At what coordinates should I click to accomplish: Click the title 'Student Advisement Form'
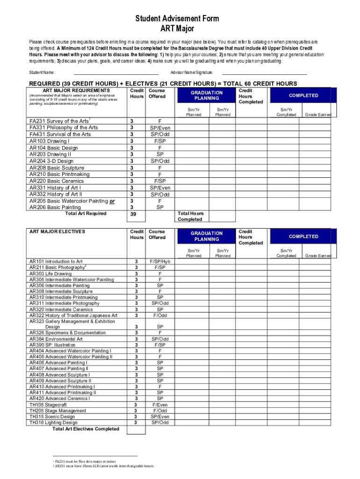(x=177, y=19)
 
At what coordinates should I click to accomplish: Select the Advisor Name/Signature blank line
(x=264, y=73)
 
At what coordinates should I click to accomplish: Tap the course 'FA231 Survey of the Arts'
(x=58, y=121)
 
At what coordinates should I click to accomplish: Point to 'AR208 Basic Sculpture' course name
(x=57, y=167)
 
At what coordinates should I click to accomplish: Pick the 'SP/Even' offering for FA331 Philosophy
(x=160, y=128)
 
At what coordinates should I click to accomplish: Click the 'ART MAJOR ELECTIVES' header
(x=57, y=232)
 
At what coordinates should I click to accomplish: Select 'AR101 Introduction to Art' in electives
(x=56, y=261)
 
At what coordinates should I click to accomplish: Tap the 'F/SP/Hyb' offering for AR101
(x=160, y=261)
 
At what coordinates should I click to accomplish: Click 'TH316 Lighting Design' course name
(x=53, y=423)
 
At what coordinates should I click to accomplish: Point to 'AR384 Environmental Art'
(x=56, y=339)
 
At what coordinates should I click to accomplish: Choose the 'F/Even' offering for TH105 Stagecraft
(x=160, y=405)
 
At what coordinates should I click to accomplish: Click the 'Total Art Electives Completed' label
(x=86, y=429)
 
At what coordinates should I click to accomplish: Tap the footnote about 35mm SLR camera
(x=104, y=466)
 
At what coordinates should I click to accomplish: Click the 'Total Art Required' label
(x=86, y=214)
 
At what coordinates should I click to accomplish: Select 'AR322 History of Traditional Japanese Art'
(x=73, y=315)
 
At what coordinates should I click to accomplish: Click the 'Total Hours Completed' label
(x=191, y=217)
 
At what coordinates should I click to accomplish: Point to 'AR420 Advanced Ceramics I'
(x=59, y=399)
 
